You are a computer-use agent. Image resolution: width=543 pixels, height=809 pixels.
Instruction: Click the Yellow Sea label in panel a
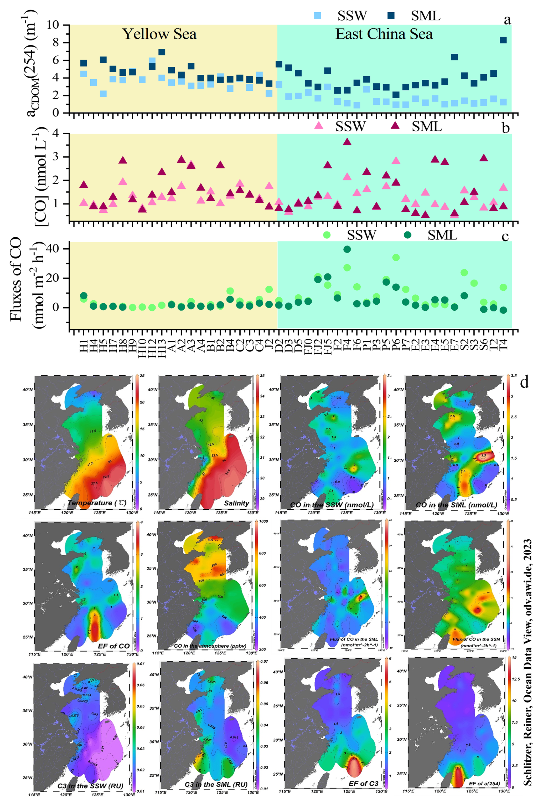click(160, 34)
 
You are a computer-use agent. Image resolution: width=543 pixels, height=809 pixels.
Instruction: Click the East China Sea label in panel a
click(384, 34)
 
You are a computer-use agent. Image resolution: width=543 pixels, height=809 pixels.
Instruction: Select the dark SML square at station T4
click(503, 40)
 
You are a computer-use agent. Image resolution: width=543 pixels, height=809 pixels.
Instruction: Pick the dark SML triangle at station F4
click(347, 142)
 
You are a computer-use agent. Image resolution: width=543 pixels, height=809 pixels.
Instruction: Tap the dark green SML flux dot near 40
click(347, 249)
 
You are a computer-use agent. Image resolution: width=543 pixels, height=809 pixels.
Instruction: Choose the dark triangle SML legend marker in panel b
click(395, 125)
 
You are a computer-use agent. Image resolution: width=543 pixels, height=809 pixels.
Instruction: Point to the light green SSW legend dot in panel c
click(326, 235)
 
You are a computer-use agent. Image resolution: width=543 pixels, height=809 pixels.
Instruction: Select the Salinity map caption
click(236, 503)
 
